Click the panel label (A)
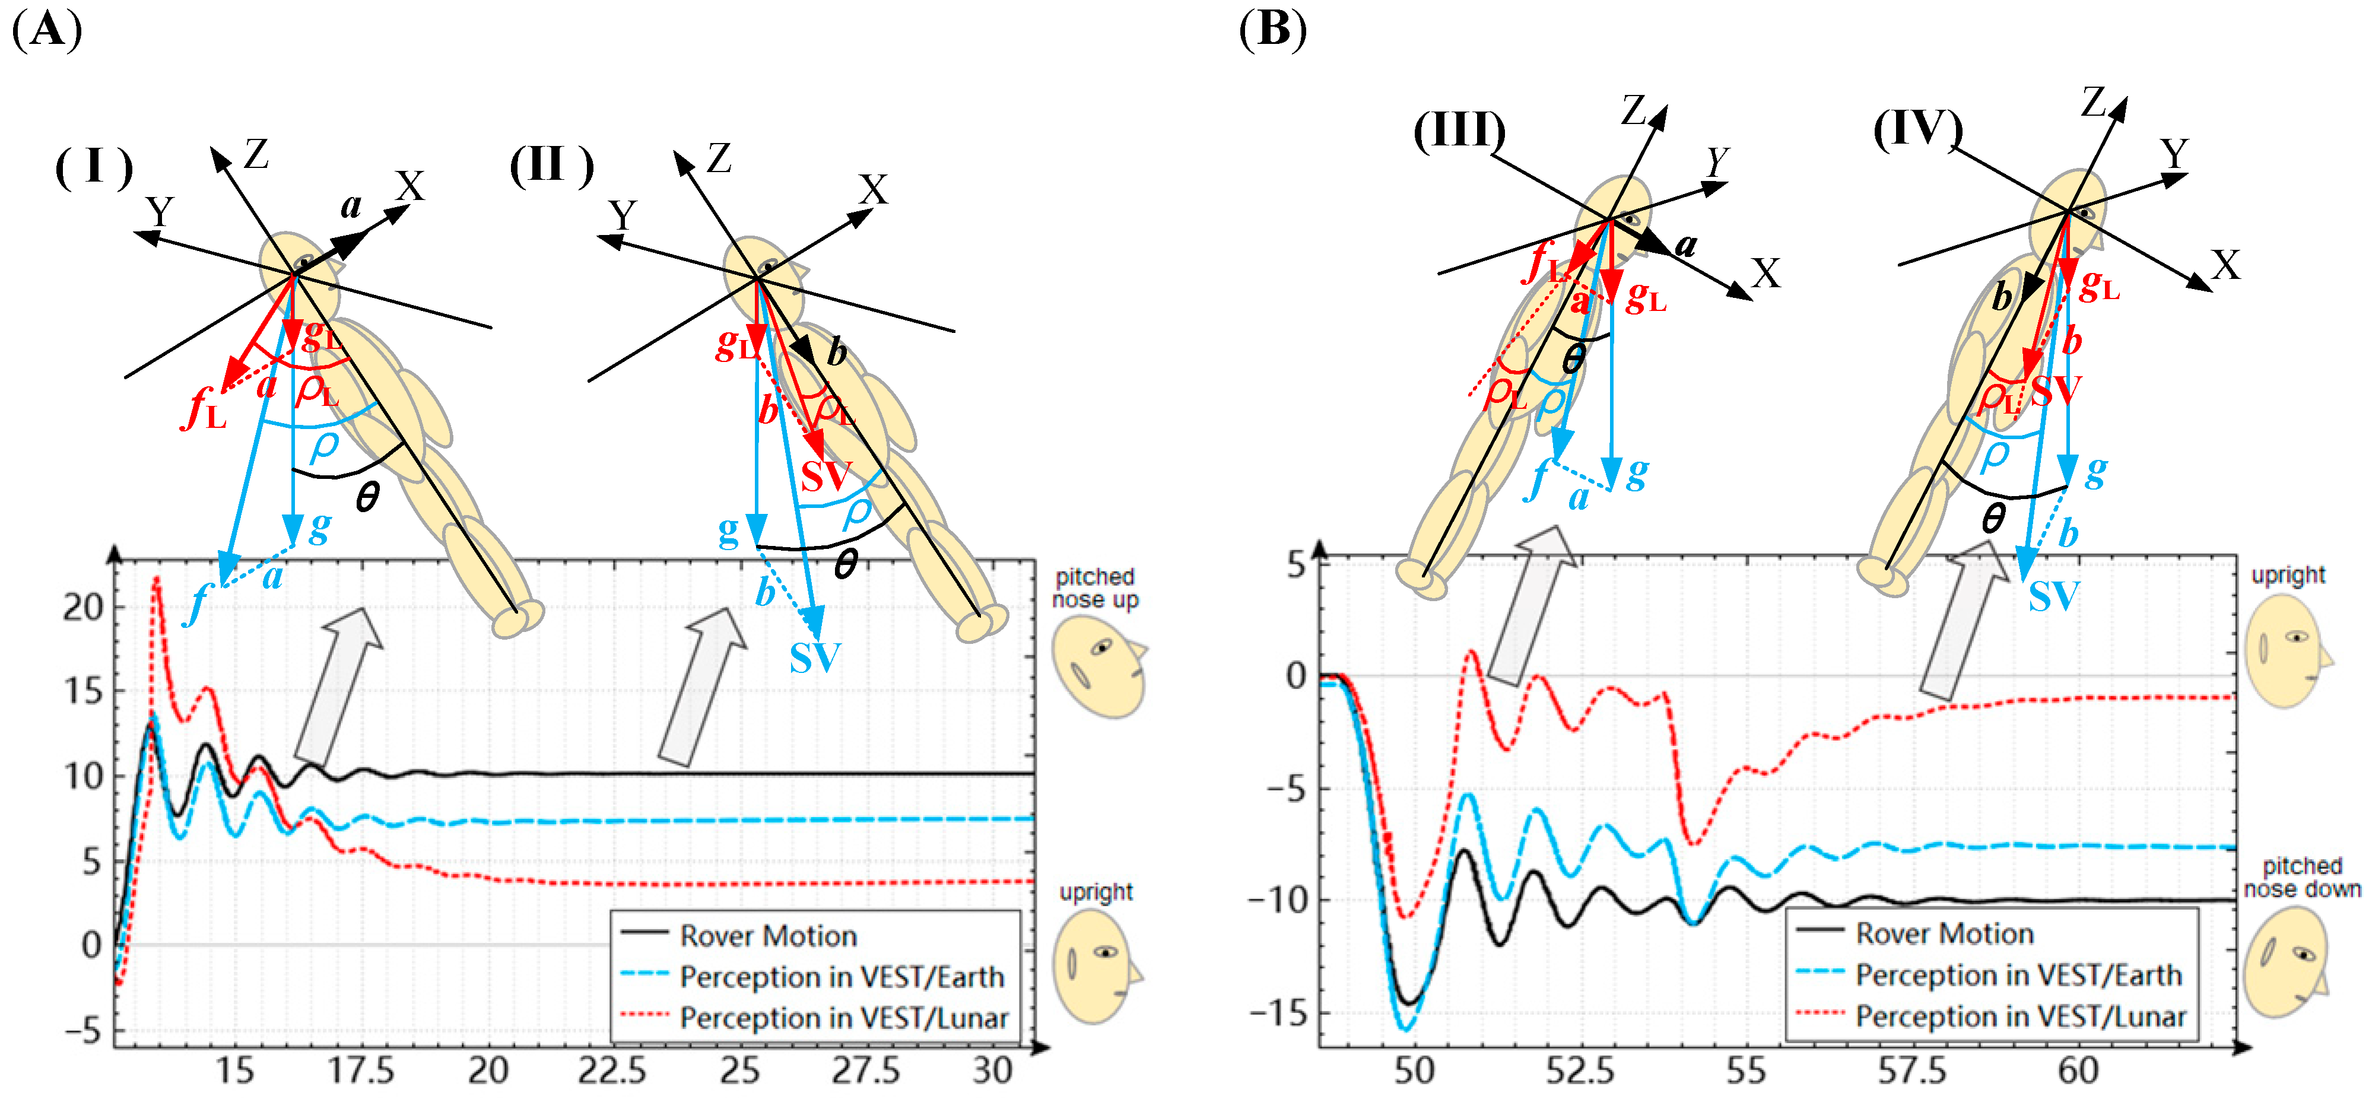47,30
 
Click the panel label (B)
1272,30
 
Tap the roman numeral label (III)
1459,130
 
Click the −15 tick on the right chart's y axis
1277,1014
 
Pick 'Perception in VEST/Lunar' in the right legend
2020,1017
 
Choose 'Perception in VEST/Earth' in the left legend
842,977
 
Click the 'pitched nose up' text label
1095,588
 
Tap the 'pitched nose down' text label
2302,877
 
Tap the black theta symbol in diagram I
367,498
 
